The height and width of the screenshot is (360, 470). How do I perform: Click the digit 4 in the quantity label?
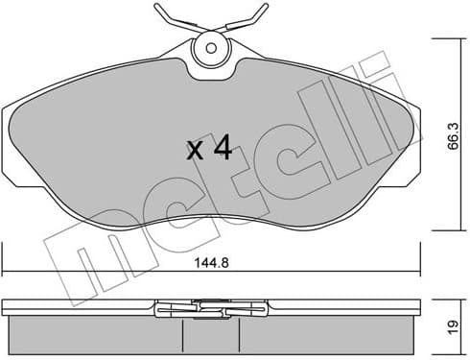(x=222, y=149)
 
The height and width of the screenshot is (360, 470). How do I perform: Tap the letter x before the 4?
(x=195, y=152)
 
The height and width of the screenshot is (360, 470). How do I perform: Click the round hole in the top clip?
(x=210, y=46)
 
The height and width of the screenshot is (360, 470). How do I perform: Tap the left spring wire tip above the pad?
(x=155, y=13)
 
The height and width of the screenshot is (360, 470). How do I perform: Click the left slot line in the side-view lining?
(x=182, y=334)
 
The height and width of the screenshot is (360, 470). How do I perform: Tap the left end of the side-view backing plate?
(x=5, y=308)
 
